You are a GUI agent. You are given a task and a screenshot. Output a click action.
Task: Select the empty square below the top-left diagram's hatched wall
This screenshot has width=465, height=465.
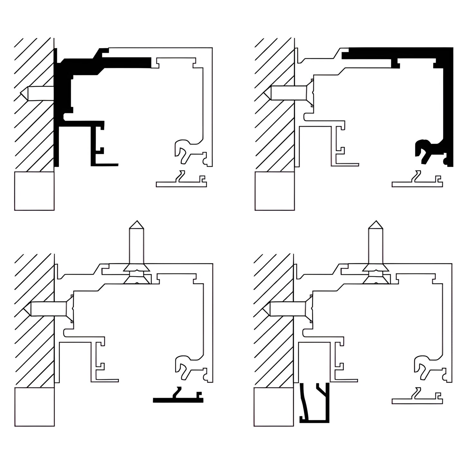pos(34,191)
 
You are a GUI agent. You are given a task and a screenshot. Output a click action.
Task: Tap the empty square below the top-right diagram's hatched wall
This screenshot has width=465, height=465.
pos(274,191)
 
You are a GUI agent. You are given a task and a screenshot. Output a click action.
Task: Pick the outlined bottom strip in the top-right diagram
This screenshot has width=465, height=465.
pos(417,184)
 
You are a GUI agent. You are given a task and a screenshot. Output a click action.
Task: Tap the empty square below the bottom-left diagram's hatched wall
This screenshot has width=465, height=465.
pos(34,407)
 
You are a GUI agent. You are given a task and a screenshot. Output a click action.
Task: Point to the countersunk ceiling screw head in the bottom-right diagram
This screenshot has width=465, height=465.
pos(375,268)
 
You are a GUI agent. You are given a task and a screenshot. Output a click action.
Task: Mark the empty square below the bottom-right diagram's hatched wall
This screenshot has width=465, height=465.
pos(274,407)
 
